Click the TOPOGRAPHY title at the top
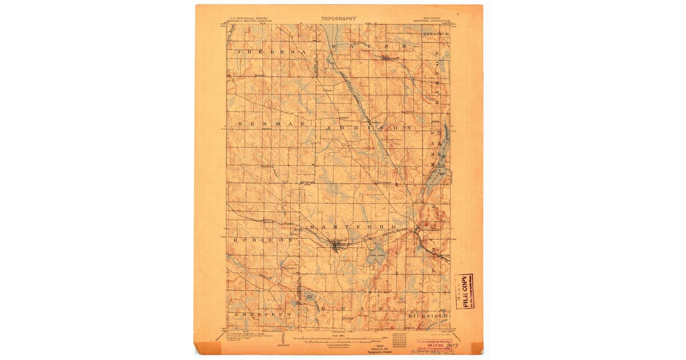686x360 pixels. [x=338, y=18]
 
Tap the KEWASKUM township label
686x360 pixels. [x=436, y=34]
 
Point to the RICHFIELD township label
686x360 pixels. [x=428, y=315]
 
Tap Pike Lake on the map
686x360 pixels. [x=375, y=257]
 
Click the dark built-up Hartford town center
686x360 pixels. [x=337, y=246]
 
